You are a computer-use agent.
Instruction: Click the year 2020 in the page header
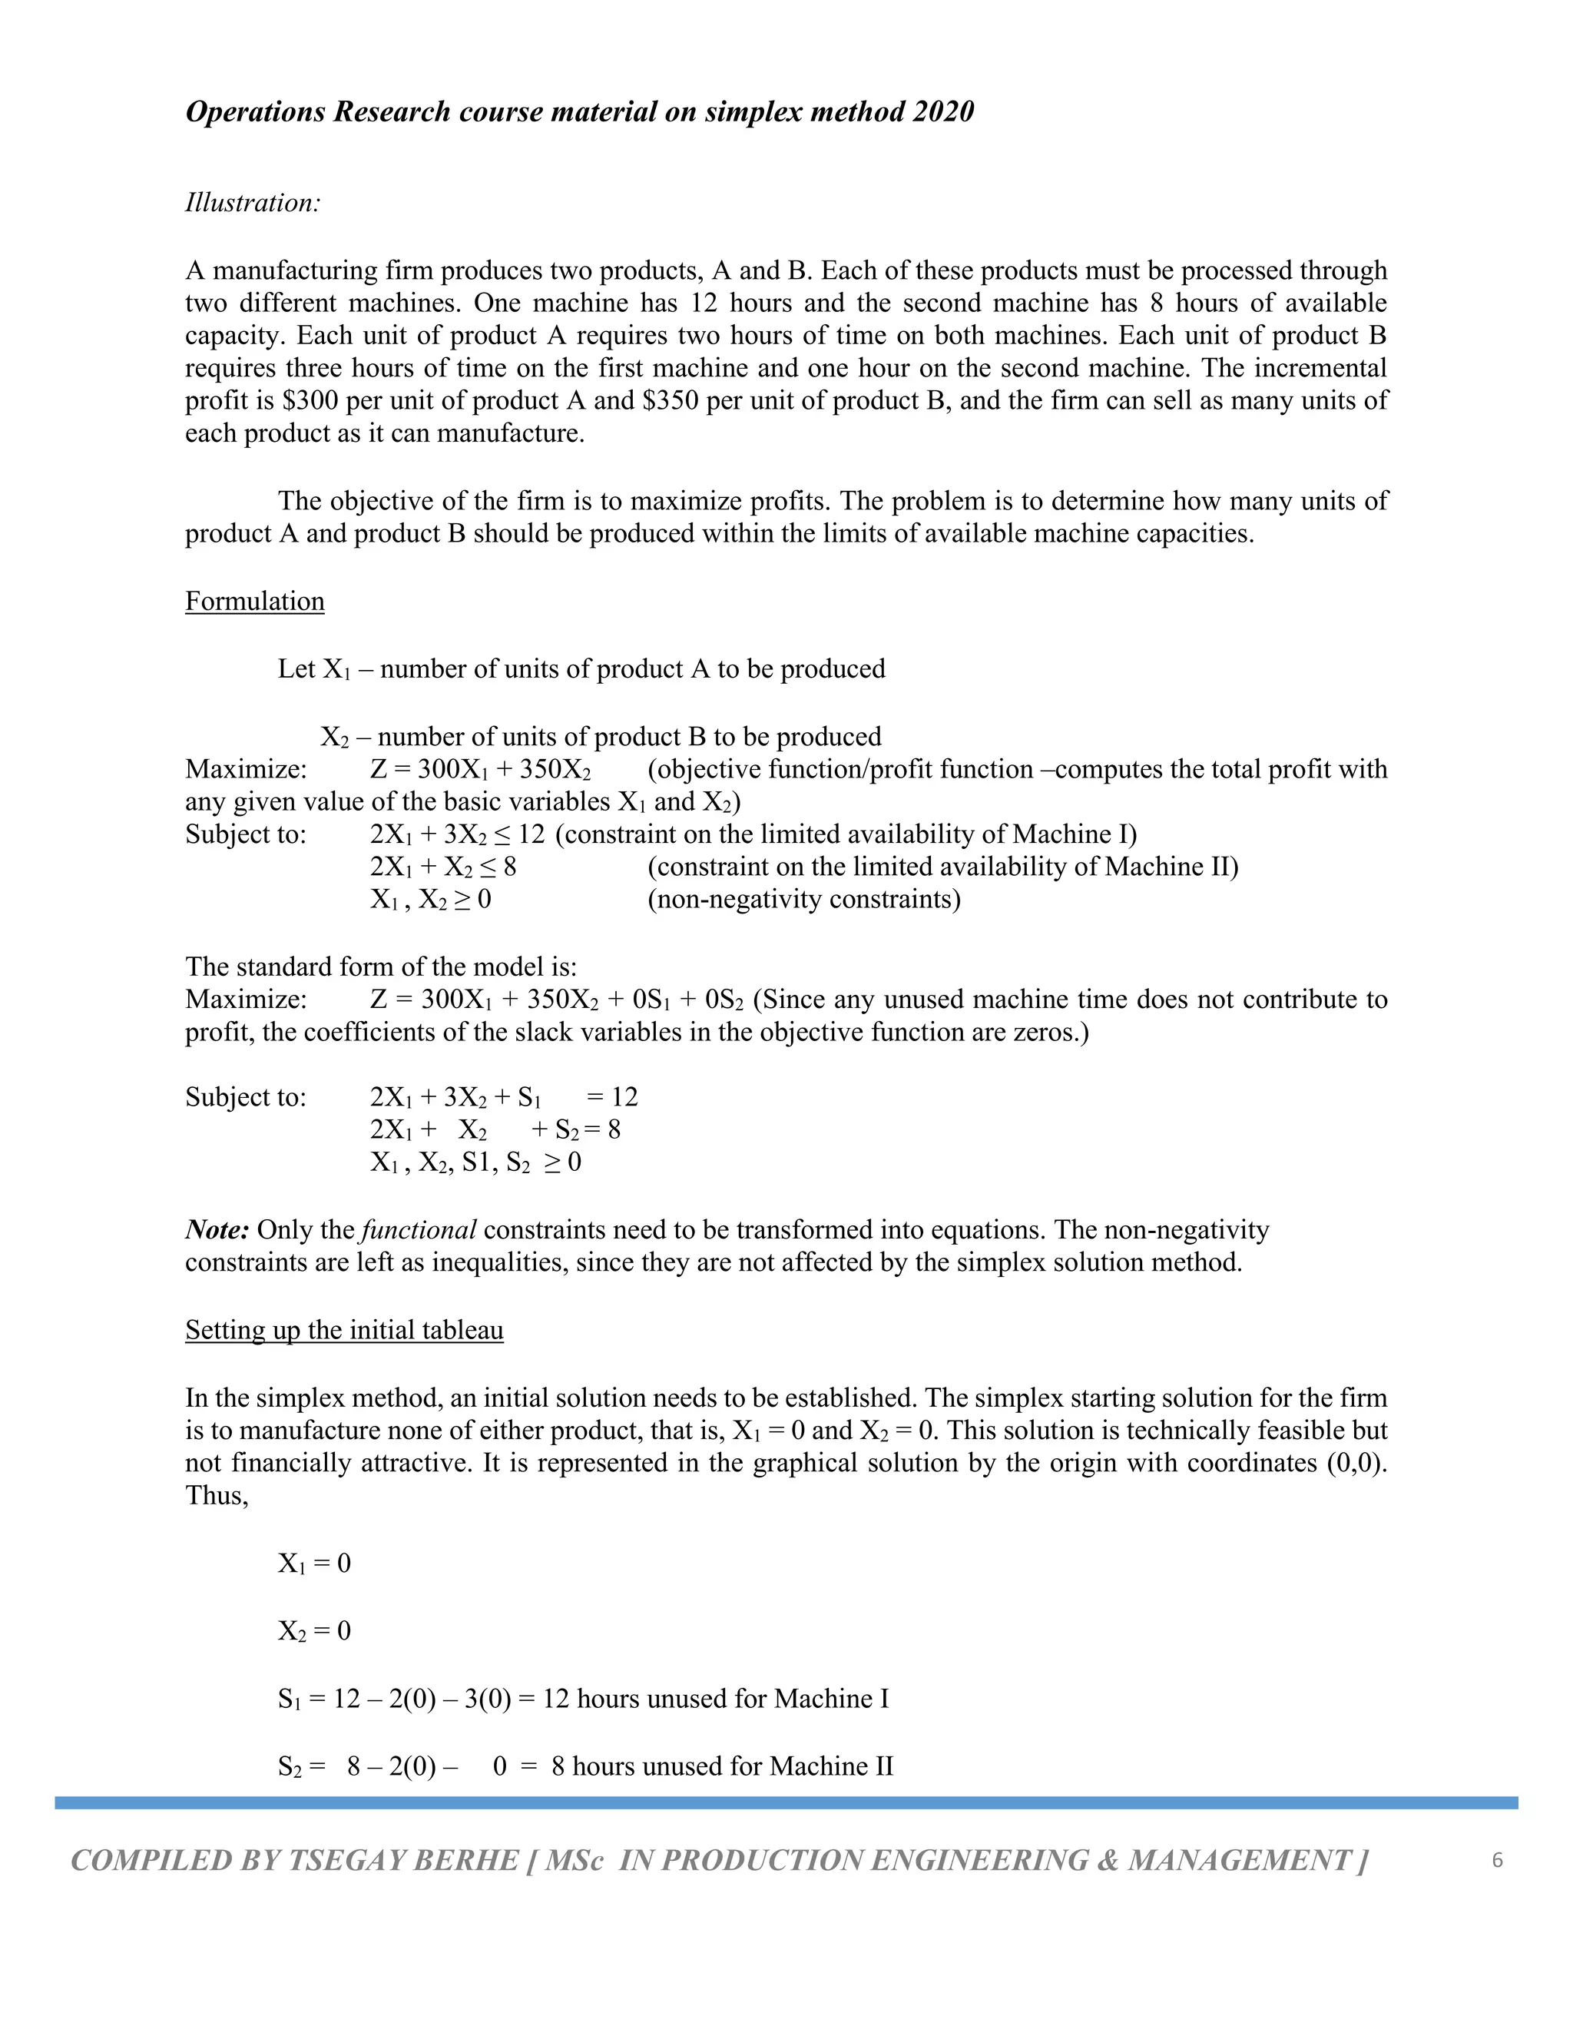tap(942, 112)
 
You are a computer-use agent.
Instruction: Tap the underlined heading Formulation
tap(254, 602)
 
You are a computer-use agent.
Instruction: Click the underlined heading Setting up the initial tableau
tap(344, 1329)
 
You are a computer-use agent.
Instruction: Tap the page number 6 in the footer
tap(1498, 1860)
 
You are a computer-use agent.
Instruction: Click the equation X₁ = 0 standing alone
tap(314, 1563)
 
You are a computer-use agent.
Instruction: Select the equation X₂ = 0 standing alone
tap(314, 1631)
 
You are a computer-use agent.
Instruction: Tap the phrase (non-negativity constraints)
tap(803, 900)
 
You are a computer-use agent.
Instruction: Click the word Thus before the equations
tap(216, 1495)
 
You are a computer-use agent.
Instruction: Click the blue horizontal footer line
tap(786, 1803)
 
